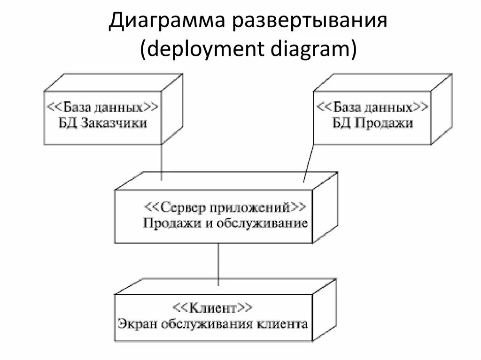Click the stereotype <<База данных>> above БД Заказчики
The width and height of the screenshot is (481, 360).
tap(101, 107)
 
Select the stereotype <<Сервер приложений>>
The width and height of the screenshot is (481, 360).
tap(225, 206)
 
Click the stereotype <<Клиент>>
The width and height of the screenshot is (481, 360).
tap(213, 308)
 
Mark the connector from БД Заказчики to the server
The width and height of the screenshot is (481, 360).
tap(162, 162)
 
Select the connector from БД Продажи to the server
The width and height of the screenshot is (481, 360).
tap(308, 162)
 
